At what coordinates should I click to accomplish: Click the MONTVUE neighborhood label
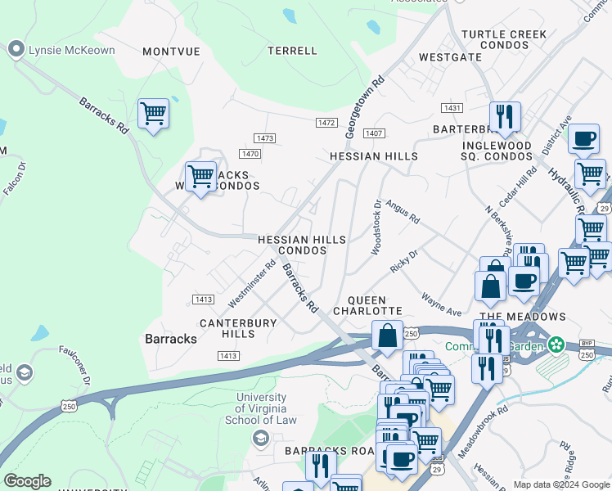pyautogui.click(x=171, y=51)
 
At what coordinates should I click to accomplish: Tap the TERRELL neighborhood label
pyautogui.click(x=292, y=51)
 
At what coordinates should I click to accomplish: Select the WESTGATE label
pyautogui.click(x=450, y=58)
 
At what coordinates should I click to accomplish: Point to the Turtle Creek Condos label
pyautogui.click(x=495, y=39)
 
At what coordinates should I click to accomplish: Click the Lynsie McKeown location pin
pyautogui.click(x=15, y=51)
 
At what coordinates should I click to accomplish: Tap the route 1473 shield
pyautogui.click(x=264, y=138)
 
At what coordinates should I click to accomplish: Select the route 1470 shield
pyautogui.click(x=250, y=154)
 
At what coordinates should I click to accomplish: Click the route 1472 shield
pyautogui.click(x=326, y=123)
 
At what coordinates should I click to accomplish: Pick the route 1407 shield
pyautogui.click(x=375, y=133)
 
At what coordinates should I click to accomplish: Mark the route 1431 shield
pyautogui.click(x=451, y=108)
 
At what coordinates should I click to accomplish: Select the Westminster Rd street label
pyautogui.click(x=251, y=280)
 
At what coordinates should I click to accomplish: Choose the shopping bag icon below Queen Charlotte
pyautogui.click(x=386, y=336)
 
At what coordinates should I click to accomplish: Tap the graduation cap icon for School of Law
pyautogui.click(x=261, y=439)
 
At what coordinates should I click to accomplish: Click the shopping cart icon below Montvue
pyautogui.click(x=153, y=113)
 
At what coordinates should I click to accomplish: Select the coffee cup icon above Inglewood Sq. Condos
pyautogui.click(x=583, y=139)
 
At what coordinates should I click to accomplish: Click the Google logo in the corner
pyautogui.click(x=27, y=481)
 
